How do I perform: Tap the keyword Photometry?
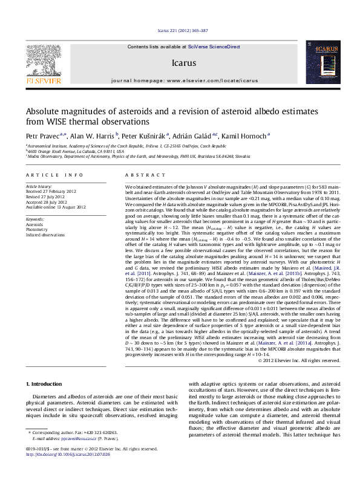coord(37,229)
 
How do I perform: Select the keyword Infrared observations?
coord(45,235)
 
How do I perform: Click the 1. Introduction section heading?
coord(45,384)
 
